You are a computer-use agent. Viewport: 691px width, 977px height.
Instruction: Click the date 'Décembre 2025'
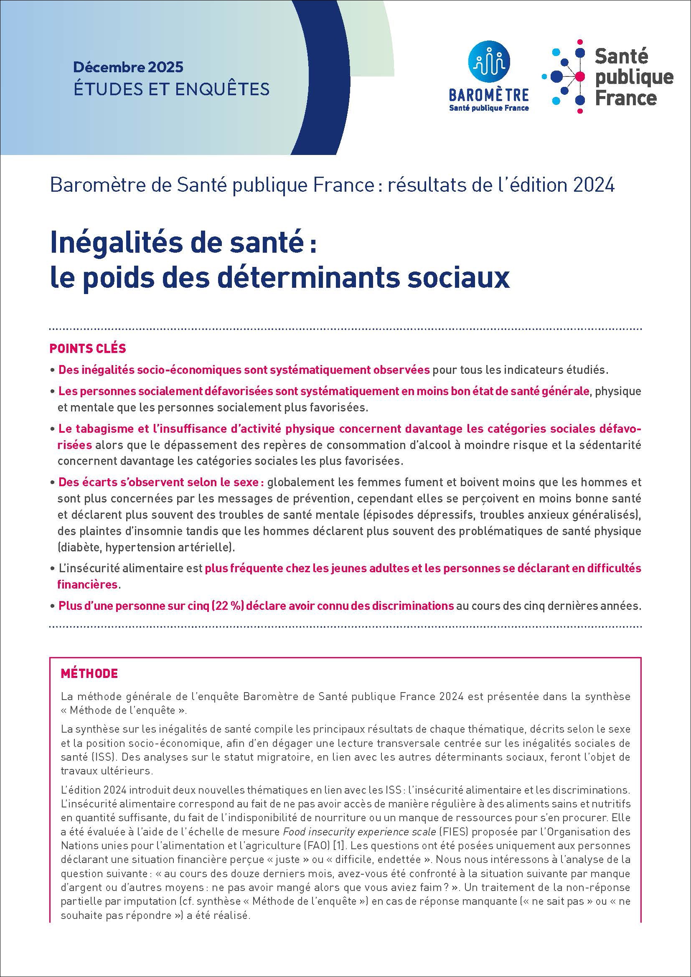(x=128, y=67)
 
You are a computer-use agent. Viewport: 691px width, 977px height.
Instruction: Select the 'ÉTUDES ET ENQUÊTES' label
(x=171, y=89)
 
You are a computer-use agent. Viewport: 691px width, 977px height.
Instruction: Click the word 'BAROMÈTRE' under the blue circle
(x=489, y=95)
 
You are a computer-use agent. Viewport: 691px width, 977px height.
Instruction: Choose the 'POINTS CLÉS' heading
(x=88, y=348)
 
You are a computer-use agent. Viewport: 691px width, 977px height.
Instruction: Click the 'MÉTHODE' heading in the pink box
(x=89, y=674)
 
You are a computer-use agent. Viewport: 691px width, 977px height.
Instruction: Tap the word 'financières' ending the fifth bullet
(x=87, y=584)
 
